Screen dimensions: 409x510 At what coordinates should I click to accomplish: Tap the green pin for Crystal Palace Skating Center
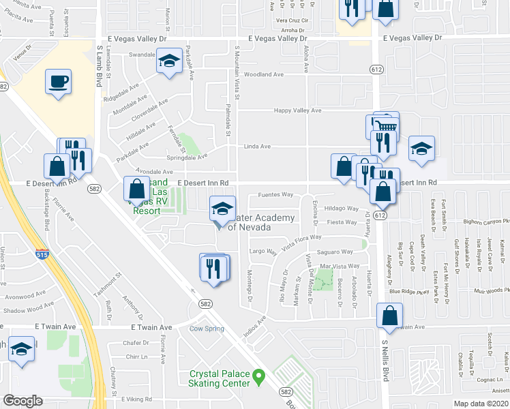[258, 376]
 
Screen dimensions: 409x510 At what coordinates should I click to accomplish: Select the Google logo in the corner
[22, 400]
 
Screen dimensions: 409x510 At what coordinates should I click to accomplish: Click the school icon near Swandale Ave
[168, 61]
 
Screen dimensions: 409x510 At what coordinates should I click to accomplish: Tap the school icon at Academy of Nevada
[222, 209]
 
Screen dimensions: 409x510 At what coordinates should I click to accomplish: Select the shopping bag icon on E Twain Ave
[389, 316]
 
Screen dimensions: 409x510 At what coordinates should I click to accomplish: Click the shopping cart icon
[387, 125]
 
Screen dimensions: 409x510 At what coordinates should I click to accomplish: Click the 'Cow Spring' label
[206, 329]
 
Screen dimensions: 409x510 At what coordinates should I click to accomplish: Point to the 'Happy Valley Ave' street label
[297, 110]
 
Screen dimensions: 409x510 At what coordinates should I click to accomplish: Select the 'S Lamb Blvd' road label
[99, 69]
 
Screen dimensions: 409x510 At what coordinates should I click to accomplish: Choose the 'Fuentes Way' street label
[275, 195]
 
